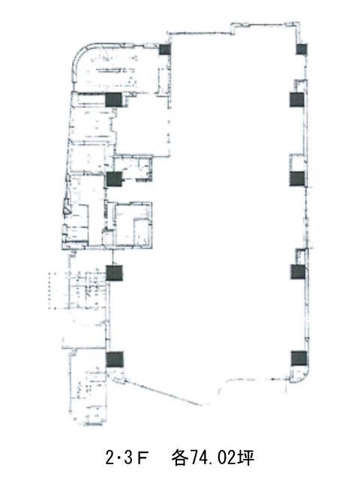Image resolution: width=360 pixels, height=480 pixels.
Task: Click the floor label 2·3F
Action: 127,458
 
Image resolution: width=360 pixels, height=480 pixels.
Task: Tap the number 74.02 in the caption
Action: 210,458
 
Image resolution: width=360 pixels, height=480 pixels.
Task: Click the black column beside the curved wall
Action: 165,49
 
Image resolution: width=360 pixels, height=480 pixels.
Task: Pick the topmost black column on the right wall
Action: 301,49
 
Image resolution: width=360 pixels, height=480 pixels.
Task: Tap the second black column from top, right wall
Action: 297,100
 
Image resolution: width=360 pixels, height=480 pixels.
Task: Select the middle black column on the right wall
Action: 297,178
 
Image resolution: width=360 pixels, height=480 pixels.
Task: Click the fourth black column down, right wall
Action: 298,271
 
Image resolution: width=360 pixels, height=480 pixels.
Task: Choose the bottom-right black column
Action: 298,358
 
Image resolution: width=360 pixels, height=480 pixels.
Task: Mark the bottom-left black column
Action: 115,359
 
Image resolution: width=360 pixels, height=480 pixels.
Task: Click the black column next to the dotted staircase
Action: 115,273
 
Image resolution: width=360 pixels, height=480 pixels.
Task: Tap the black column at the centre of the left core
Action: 114,179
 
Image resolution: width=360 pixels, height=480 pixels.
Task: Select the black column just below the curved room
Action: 113,100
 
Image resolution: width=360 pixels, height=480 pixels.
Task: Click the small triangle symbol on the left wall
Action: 66,210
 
